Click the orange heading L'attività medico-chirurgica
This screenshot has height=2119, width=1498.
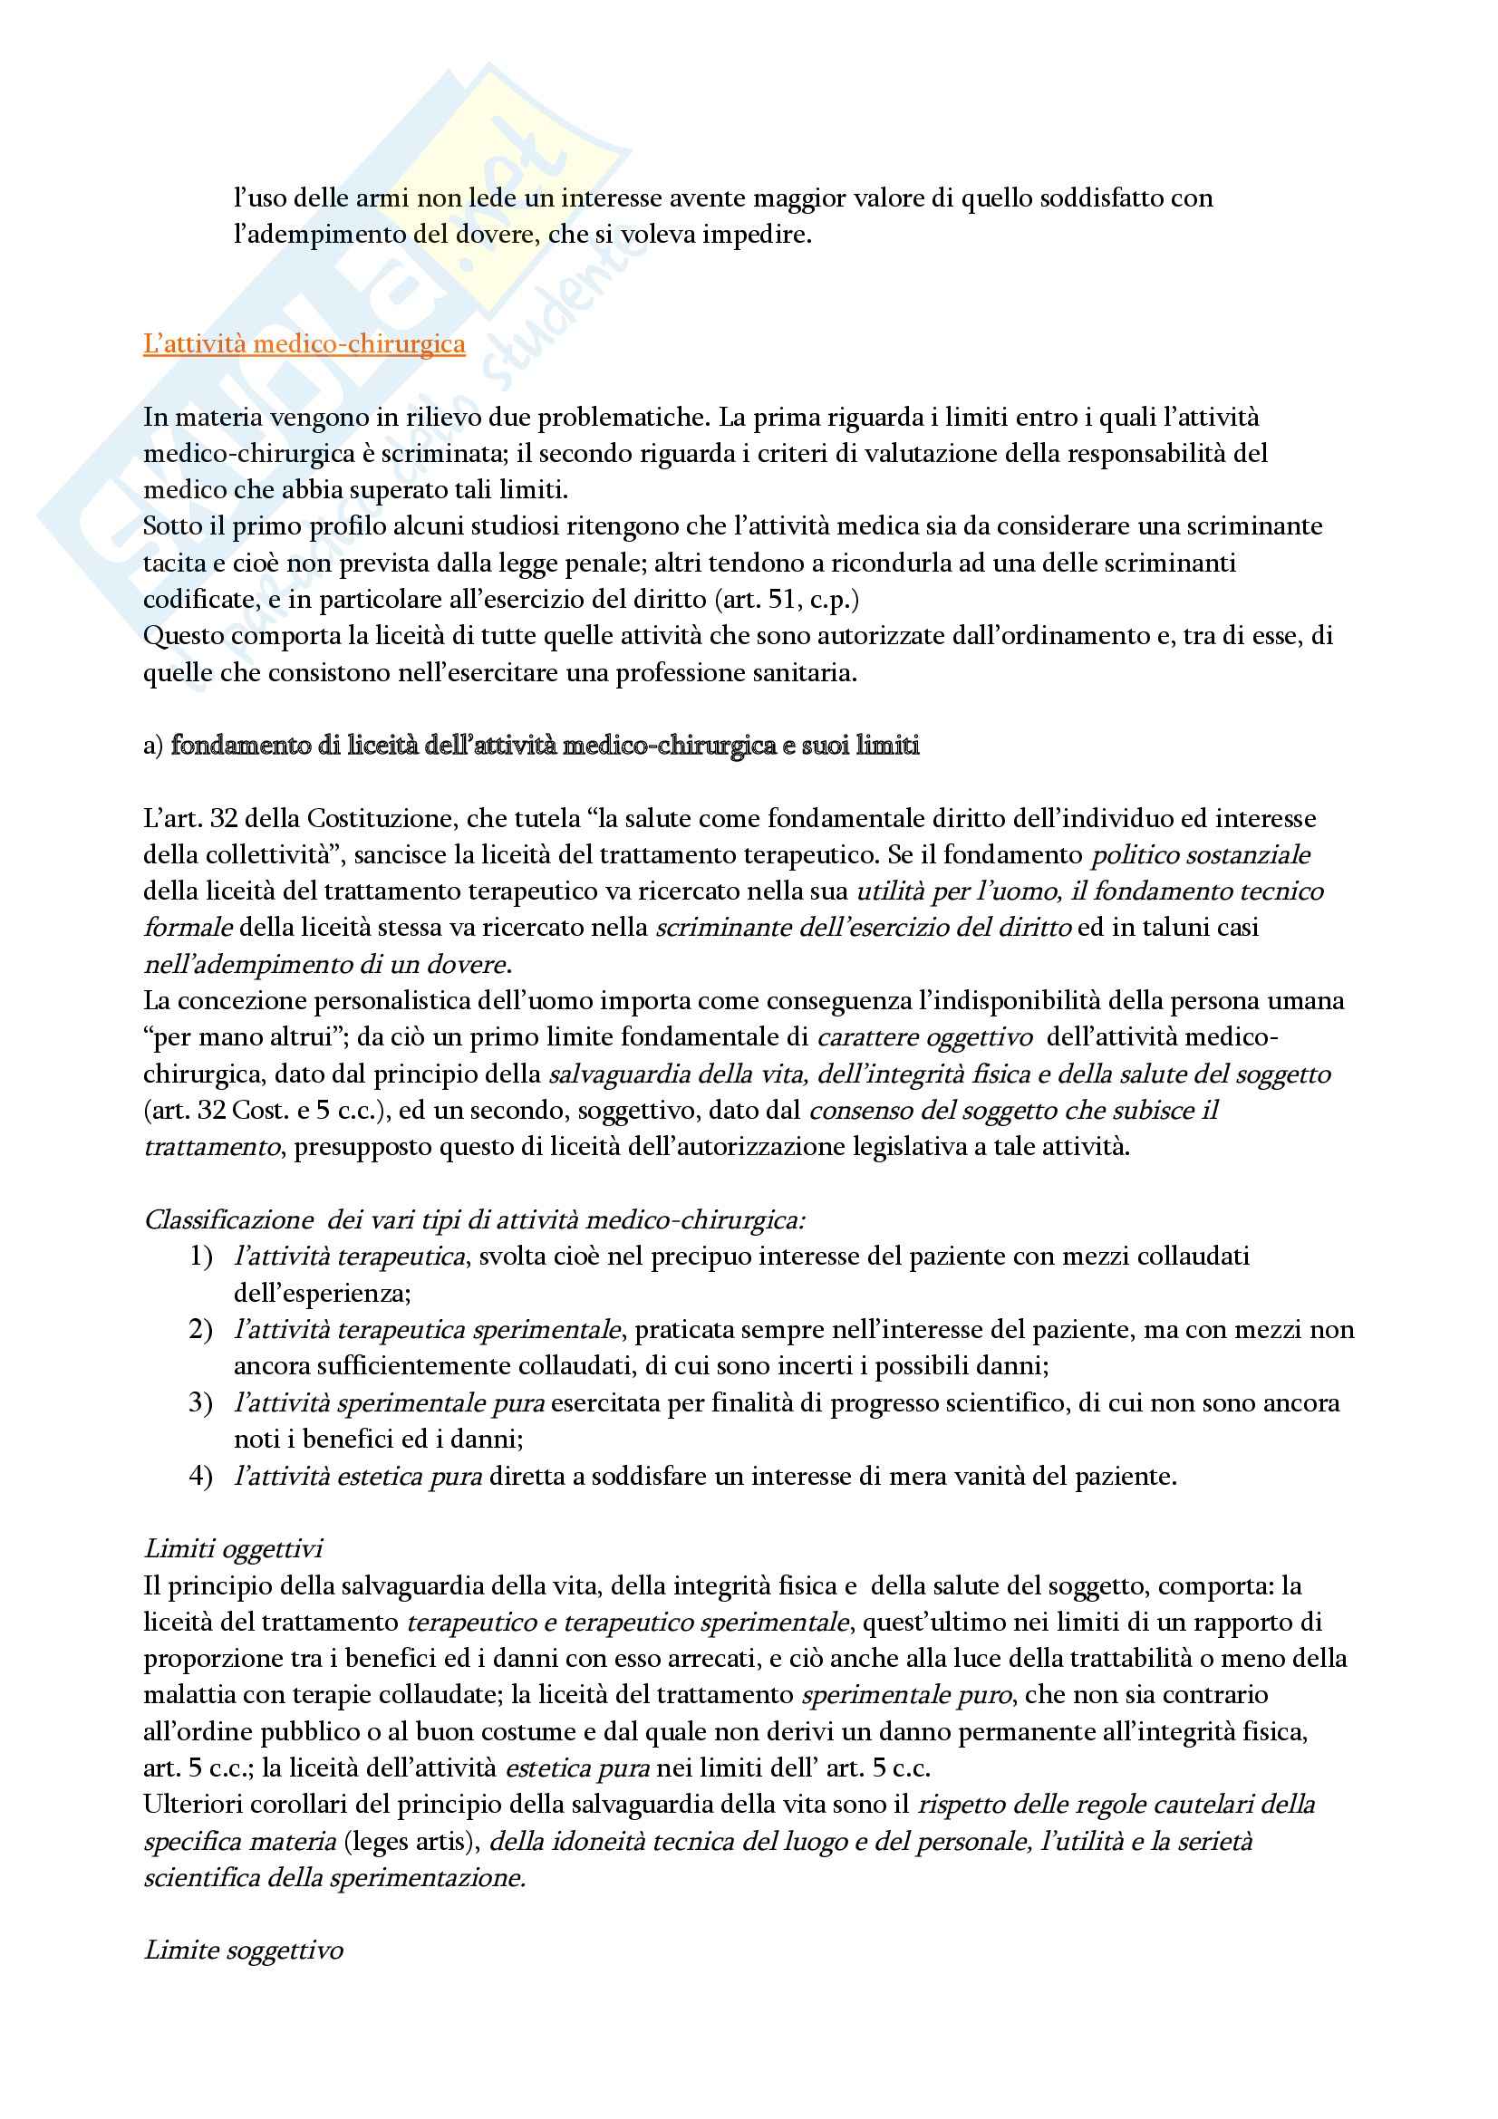click(304, 344)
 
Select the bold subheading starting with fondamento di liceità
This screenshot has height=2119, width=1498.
click(545, 745)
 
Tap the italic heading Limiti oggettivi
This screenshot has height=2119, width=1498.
click(234, 1547)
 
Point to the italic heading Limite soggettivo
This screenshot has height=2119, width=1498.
click(244, 1950)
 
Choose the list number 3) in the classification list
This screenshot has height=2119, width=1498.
click(200, 1402)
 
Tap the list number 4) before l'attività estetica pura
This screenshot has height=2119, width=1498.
click(200, 1476)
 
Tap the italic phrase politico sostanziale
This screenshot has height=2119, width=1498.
click(1200, 854)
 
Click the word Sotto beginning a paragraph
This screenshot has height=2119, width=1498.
click(173, 526)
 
